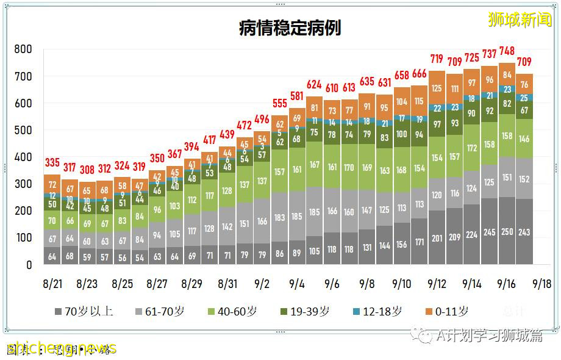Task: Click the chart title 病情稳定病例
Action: (x=290, y=28)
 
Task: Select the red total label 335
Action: (x=52, y=163)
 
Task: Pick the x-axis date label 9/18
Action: (x=542, y=284)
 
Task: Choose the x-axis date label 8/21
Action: (x=52, y=284)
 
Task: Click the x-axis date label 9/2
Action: (x=262, y=284)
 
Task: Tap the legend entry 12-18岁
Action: (x=377, y=311)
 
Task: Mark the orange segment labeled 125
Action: (x=437, y=88)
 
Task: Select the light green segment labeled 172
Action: (x=472, y=148)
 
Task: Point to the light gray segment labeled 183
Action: (x=280, y=218)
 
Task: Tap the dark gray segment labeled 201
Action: (x=437, y=238)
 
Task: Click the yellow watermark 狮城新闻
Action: (x=519, y=20)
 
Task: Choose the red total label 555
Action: (x=280, y=104)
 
